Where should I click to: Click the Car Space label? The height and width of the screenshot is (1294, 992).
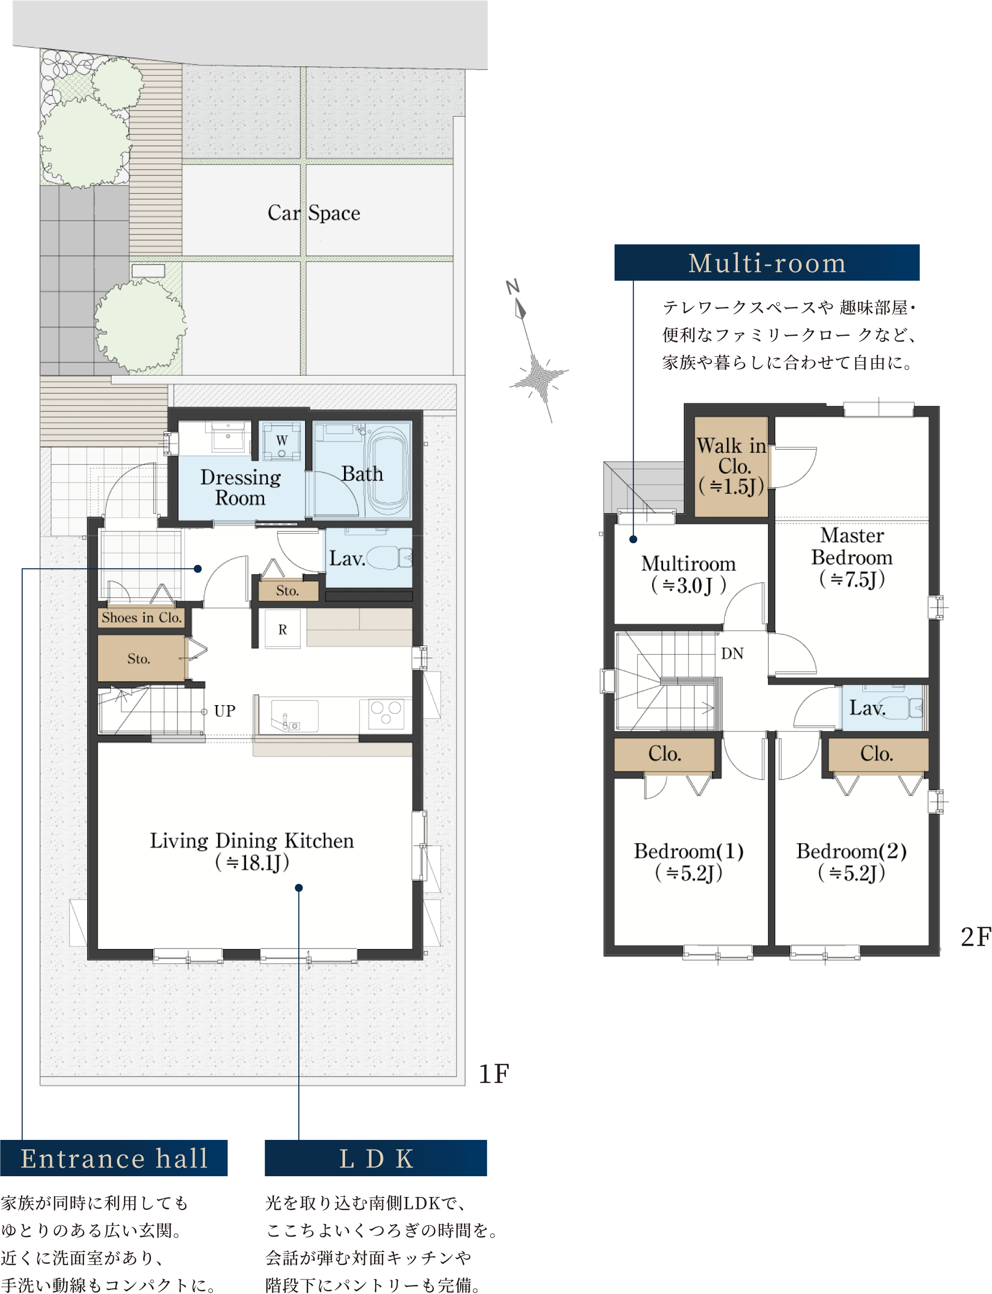click(313, 213)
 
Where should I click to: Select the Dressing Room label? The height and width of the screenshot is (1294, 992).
click(240, 487)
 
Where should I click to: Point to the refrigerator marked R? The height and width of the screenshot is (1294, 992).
click(283, 629)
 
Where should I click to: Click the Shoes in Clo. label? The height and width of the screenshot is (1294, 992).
click(142, 617)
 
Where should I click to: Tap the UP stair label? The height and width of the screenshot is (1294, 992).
click(224, 711)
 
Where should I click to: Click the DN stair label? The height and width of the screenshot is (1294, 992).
click(732, 654)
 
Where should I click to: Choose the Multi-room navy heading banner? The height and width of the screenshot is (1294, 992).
click(767, 263)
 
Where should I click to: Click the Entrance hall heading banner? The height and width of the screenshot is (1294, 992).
click(114, 1158)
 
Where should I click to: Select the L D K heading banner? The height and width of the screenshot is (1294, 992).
click(376, 1158)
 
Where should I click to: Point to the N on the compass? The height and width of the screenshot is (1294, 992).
click(513, 287)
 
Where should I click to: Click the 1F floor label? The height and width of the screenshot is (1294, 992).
click(493, 1074)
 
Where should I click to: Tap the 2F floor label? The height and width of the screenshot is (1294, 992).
click(975, 937)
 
